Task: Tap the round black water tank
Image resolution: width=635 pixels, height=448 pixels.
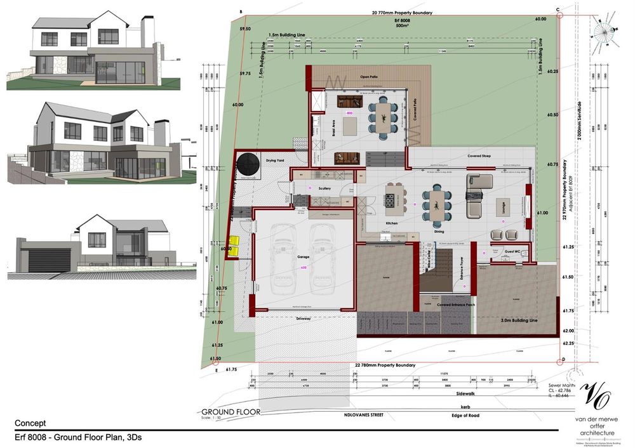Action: [x=250, y=167]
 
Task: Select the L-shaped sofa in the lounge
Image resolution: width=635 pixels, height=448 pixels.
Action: [x=474, y=195]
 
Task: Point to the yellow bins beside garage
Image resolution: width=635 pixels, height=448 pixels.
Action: [x=234, y=247]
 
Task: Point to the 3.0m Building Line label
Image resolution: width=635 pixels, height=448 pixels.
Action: [x=520, y=321]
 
